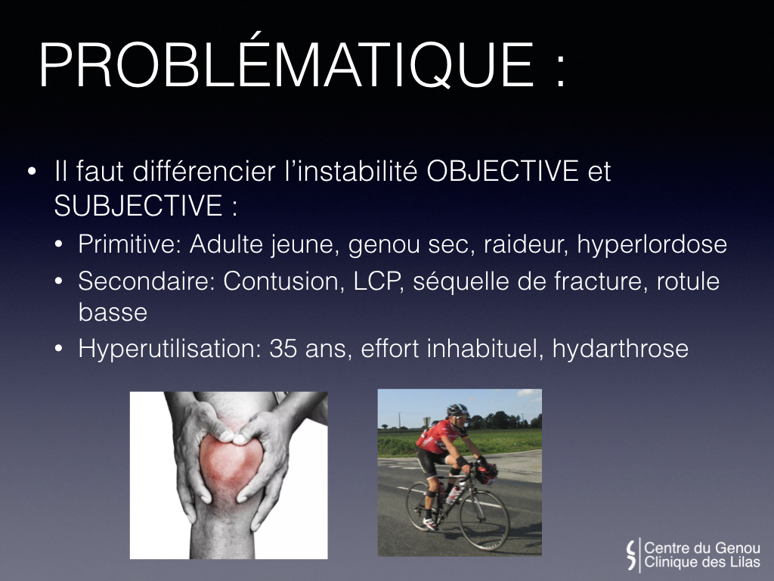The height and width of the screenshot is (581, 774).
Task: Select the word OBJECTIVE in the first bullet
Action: point(503,171)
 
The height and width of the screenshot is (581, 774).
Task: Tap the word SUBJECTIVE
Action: point(138,206)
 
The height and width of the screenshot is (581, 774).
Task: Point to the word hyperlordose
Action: point(652,245)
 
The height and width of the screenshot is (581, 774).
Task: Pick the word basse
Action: point(113,312)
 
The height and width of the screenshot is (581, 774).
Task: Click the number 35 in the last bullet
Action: point(283,349)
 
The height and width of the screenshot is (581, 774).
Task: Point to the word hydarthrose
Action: point(620,349)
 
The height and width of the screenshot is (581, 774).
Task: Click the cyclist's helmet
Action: point(457,409)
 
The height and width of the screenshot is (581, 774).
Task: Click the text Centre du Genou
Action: point(702,548)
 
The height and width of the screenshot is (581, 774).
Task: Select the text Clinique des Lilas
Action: point(702,562)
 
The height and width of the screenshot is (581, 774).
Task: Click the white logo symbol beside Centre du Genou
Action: point(631,555)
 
